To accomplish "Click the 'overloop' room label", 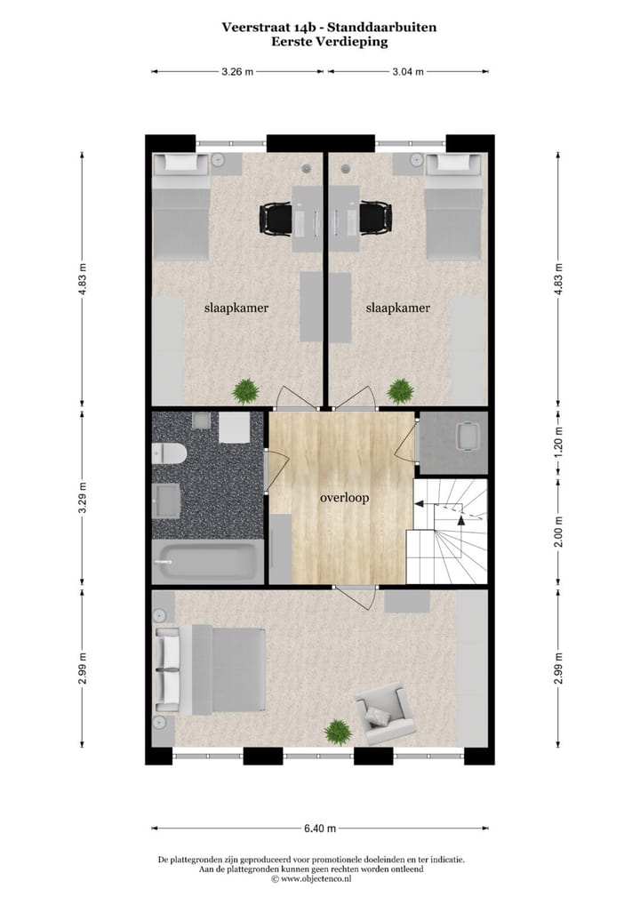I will (344, 498).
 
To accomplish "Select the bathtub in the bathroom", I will (208, 563).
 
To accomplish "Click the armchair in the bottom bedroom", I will (385, 712).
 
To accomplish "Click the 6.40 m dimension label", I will (320, 829).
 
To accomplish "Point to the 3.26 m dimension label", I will (236, 72).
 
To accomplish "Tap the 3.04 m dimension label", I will (408, 72).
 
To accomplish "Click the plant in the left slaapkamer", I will (245, 389).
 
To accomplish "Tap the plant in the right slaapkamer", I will (401, 389).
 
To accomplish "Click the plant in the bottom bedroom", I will (338, 731).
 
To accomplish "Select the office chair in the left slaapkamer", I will (276, 218).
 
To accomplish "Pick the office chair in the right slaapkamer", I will (375, 218).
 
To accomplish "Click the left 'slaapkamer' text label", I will (236, 308).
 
